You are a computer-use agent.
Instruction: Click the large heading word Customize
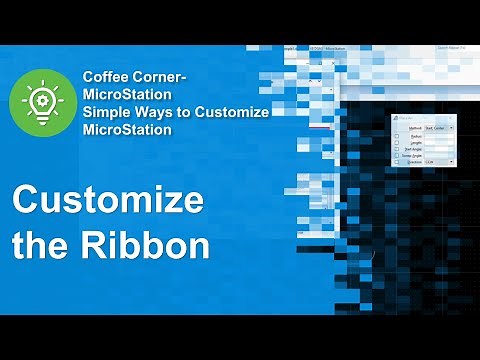(107, 199)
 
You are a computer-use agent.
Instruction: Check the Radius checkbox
(397, 135)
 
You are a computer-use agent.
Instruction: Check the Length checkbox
(397, 143)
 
